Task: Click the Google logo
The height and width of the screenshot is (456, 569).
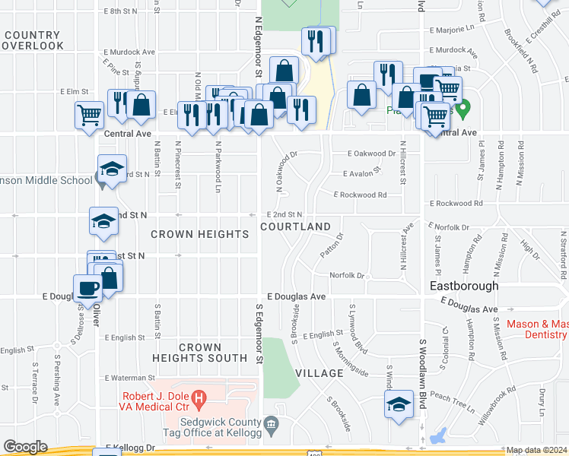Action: tap(25, 447)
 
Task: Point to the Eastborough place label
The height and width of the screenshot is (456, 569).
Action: tap(464, 287)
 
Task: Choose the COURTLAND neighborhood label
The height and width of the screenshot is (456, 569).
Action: tap(296, 226)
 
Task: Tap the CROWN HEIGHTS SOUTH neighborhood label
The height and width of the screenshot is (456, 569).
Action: tap(200, 353)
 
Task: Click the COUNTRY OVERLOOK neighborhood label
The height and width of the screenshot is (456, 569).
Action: tap(32, 40)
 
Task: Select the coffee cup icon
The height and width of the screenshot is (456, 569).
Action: tap(87, 287)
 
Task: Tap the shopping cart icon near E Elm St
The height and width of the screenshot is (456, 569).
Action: tap(89, 115)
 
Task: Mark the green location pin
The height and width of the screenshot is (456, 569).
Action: tap(463, 107)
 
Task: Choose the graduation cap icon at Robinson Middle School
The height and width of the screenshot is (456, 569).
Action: tap(112, 169)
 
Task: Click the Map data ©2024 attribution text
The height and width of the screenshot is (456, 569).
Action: tap(536, 450)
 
